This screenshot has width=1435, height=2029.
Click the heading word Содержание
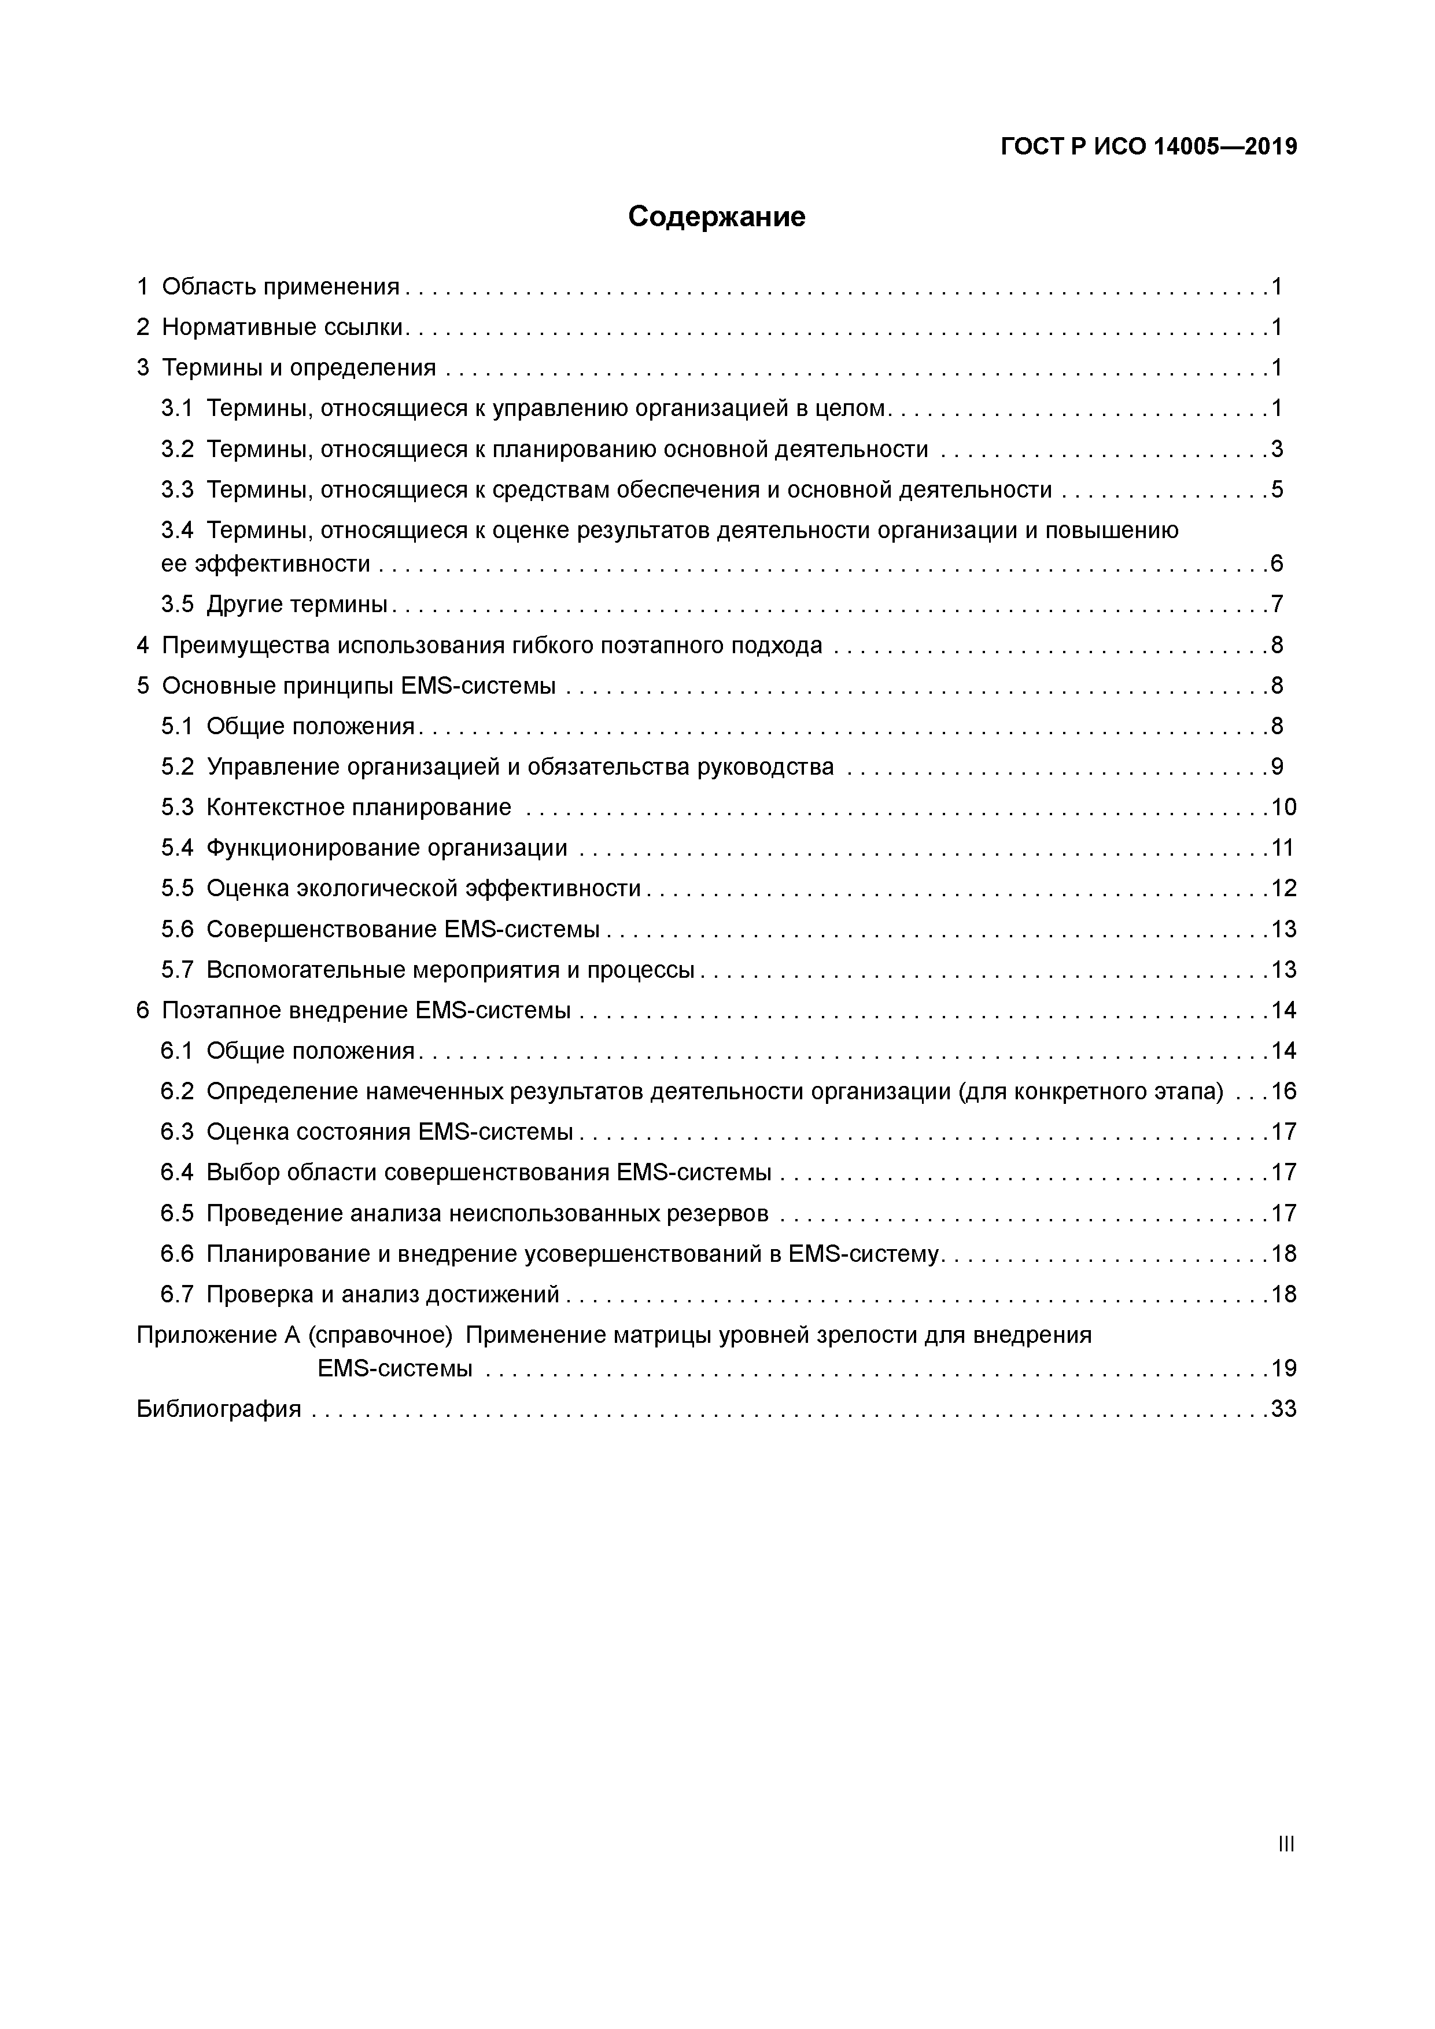717,216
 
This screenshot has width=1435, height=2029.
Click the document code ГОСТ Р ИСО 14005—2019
1149,147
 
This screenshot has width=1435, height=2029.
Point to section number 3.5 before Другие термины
177,605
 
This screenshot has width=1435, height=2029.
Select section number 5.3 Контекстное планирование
177,807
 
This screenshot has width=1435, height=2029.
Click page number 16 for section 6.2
1283,1091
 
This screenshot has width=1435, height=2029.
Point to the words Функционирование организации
387,848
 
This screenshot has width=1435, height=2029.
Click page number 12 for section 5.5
1283,888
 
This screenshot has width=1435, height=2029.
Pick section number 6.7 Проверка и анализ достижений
177,1295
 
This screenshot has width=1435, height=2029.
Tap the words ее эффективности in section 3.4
265,564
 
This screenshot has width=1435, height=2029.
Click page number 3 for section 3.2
1277,450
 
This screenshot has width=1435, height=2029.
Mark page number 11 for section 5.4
1282,848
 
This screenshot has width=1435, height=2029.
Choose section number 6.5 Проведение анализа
177,1213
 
